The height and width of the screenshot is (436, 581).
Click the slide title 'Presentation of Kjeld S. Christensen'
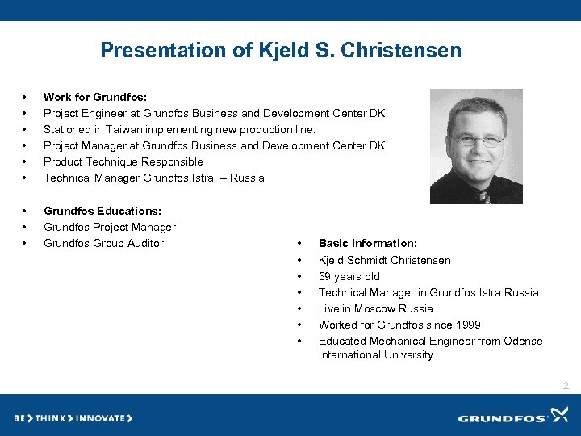coord(281,51)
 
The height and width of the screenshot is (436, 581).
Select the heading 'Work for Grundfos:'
coord(95,97)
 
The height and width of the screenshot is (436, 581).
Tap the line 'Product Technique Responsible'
coord(123,161)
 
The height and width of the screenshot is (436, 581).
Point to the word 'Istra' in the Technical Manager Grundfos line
coord(205,178)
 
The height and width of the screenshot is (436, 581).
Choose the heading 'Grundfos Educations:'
coord(103,211)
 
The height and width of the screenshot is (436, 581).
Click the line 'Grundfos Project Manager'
coord(109,227)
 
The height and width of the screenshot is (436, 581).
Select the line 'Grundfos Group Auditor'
coord(103,243)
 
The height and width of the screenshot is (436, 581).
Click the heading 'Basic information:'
coord(368,243)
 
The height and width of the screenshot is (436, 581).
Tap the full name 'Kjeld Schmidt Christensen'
coord(385,260)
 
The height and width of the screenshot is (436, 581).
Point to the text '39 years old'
coord(349,276)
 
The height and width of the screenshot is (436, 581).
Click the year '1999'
coord(467,325)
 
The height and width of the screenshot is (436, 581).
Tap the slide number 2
coord(566,386)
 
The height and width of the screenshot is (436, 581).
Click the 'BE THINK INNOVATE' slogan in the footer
coord(73,418)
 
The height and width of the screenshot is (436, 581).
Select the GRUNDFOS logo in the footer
coord(513,417)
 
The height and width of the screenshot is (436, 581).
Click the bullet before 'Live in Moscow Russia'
coord(299,308)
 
